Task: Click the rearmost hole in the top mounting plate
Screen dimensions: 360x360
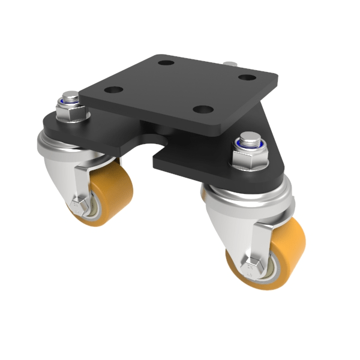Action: [166, 62]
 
